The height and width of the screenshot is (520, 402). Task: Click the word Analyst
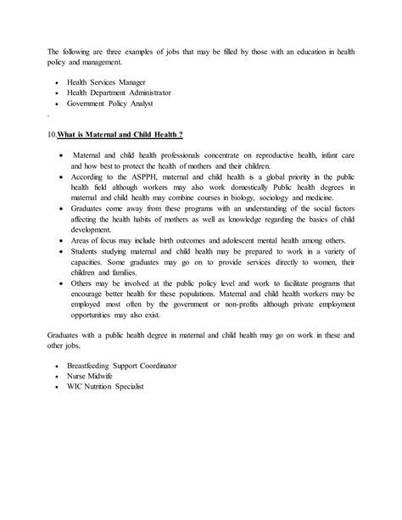click(x=154, y=101)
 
